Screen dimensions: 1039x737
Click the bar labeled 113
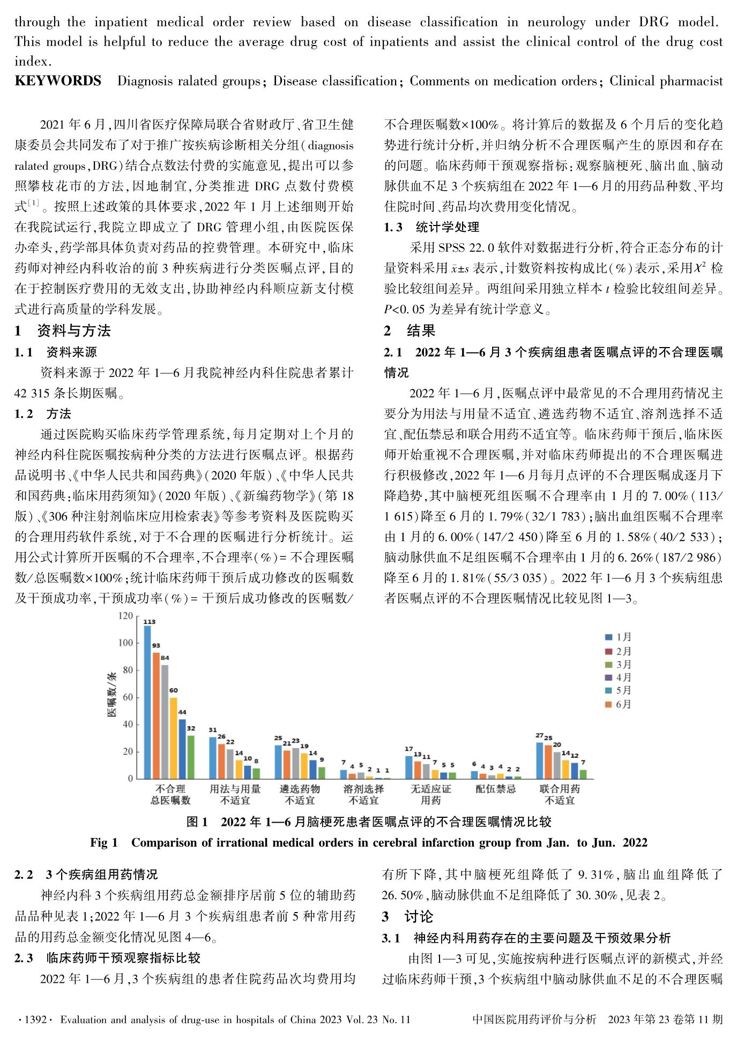coord(147,702)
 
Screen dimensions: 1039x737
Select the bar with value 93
coord(156,716)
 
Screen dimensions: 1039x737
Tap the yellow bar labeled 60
coord(173,738)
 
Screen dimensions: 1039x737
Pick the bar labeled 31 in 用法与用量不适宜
coord(213,758)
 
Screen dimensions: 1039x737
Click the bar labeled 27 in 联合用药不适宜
coord(540,761)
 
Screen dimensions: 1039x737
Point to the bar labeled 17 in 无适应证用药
coord(409,767)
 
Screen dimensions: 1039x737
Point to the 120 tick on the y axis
coord(125,616)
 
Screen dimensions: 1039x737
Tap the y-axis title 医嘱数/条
coord(112,695)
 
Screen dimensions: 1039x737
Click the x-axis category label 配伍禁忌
coord(495,789)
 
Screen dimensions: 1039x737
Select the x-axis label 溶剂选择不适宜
coord(363,795)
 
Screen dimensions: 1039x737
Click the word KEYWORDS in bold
coord(58,81)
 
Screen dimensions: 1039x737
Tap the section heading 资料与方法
coord(73,331)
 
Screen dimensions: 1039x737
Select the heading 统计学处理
coord(448,227)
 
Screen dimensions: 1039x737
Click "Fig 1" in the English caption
coord(103,842)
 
